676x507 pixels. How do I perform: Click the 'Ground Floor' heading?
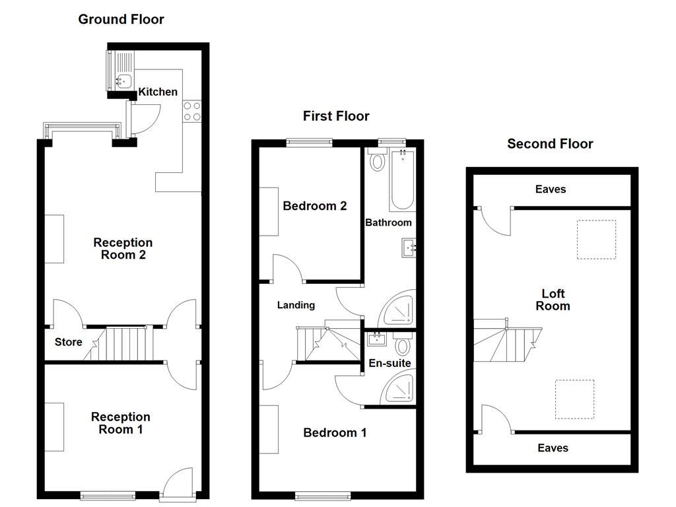[121, 19]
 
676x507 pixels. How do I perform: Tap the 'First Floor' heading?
[336, 116]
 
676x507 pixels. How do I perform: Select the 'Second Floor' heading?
[550, 144]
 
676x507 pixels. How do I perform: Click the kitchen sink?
[122, 81]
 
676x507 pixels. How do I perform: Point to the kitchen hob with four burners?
[193, 111]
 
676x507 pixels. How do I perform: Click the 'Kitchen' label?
[158, 92]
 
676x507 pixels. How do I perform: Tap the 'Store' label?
[68, 342]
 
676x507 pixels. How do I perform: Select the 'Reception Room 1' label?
[121, 423]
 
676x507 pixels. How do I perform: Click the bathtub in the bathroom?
[402, 179]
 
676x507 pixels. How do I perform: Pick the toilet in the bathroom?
[378, 160]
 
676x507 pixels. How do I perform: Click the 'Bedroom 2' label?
[315, 206]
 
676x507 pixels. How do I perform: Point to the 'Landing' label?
[296, 305]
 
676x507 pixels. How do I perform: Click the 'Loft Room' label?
[553, 300]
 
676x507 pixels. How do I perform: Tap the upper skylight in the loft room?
[597, 240]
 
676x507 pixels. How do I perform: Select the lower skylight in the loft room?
[574, 399]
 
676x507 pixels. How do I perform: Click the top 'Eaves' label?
[551, 189]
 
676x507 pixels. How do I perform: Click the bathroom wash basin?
[408, 248]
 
